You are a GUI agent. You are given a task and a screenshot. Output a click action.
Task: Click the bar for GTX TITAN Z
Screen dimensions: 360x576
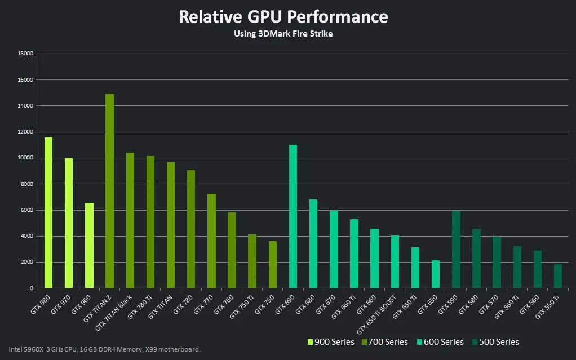point(109,192)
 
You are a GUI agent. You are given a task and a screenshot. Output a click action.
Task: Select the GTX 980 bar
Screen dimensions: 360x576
point(48,213)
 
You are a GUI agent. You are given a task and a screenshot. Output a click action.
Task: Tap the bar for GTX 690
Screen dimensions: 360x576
point(293,217)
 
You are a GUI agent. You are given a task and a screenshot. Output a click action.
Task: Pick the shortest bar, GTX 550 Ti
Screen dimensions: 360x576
point(558,276)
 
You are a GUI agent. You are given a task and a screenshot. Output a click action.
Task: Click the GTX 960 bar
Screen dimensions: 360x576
point(89,246)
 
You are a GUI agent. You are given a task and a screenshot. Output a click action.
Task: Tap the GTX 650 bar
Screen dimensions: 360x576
point(436,274)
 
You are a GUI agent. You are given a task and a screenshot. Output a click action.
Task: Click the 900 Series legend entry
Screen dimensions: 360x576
point(331,342)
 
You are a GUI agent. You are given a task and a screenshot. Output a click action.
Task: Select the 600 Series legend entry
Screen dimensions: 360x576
point(440,342)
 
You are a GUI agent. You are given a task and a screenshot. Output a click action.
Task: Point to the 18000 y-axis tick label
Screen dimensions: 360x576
point(26,54)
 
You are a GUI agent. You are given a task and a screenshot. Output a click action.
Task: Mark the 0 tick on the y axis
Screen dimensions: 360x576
point(32,288)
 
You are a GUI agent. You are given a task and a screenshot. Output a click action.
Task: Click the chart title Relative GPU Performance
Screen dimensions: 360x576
point(283,17)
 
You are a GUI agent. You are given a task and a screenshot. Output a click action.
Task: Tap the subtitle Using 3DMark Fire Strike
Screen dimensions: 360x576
point(283,34)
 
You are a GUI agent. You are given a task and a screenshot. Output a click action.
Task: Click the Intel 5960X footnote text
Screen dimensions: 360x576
point(105,349)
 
